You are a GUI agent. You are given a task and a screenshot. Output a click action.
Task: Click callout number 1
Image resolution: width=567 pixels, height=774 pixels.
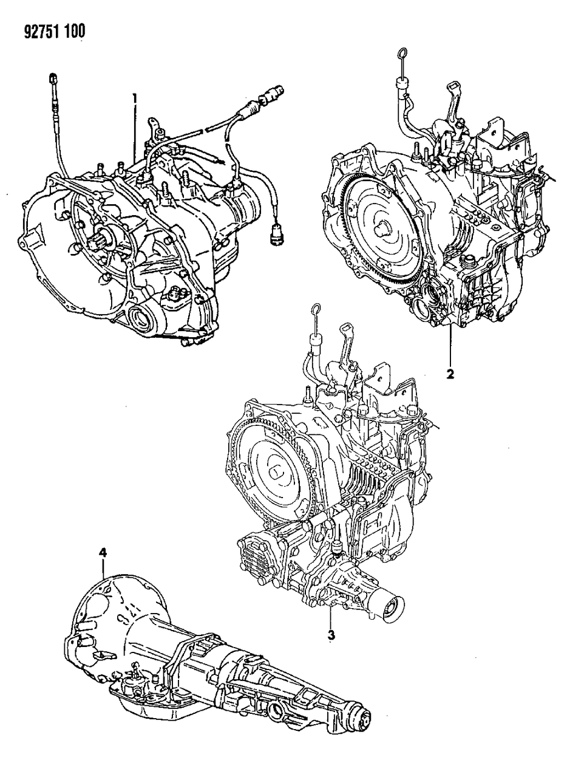[135, 97]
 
